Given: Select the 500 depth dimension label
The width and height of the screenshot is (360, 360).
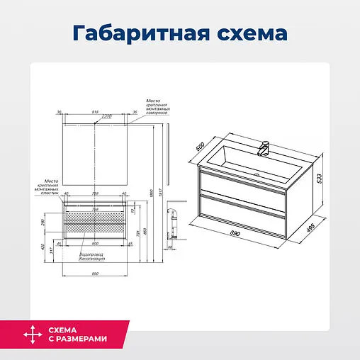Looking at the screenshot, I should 200,149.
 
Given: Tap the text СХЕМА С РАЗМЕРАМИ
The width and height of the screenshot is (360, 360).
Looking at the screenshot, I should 78,334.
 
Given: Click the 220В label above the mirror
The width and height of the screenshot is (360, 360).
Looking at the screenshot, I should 106,116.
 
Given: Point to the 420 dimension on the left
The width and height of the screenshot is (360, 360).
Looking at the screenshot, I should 42,247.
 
